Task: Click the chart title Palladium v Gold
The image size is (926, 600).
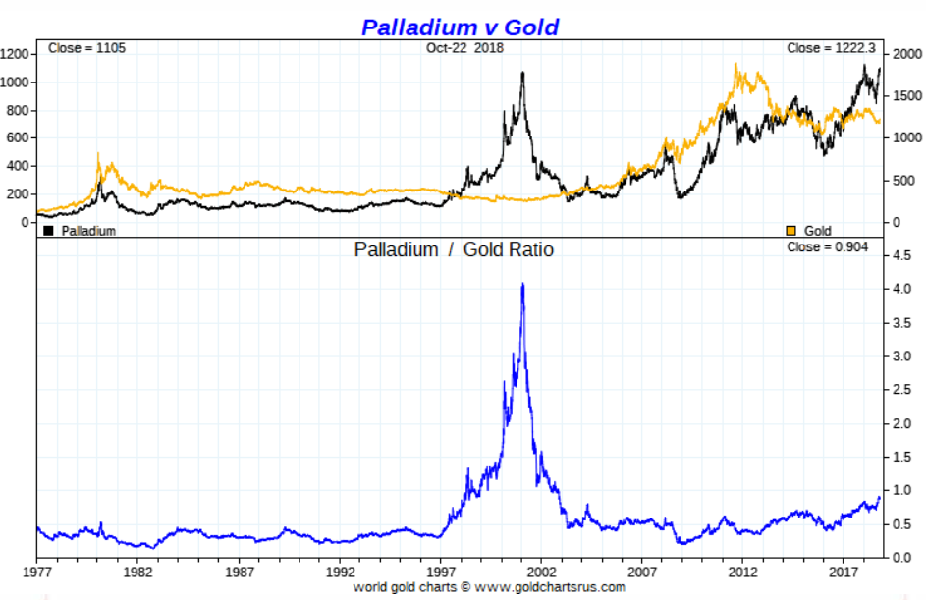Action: coord(460,27)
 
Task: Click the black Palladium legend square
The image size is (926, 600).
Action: coord(48,231)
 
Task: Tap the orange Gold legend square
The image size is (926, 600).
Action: coord(790,231)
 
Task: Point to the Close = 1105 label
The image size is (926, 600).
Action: coord(86,48)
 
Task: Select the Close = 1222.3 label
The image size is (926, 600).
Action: coord(830,48)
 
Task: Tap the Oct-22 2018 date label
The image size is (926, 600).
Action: coord(464,48)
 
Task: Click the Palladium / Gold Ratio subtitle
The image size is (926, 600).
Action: coord(454,250)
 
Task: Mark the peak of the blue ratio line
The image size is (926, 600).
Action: coord(522,284)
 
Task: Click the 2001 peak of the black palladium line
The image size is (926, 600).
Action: coord(522,73)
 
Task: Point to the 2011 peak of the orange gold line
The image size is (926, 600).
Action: coord(736,66)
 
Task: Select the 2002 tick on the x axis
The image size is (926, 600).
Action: coord(541,570)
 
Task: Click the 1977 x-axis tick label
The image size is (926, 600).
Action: coord(37,570)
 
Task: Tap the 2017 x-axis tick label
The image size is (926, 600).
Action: coord(844,570)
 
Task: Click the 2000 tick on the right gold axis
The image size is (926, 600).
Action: coord(903,54)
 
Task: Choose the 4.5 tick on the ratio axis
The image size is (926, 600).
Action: coord(901,256)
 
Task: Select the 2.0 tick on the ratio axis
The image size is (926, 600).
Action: coord(901,424)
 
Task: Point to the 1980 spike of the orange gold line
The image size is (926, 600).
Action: coord(98,154)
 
